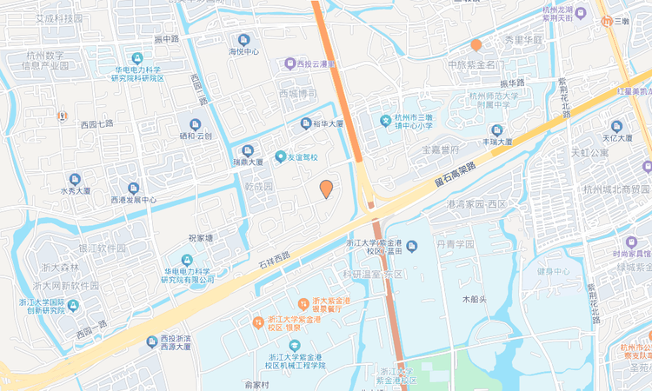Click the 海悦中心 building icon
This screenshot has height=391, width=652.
(x=243, y=39)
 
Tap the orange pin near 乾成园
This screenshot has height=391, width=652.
(x=326, y=189)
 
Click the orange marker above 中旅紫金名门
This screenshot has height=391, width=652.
(x=476, y=44)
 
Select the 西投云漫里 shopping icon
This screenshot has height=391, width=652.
(x=289, y=63)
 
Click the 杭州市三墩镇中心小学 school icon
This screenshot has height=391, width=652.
(x=385, y=120)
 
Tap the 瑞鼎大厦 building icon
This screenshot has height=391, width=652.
(x=249, y=149)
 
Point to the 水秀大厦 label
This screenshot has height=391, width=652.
(x=76, y=189)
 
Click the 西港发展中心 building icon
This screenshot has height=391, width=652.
(x=133, y=188)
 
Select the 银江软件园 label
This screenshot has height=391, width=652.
(x=102, y=249)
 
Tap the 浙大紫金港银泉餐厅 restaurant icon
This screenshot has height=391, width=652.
(x=303, y=303)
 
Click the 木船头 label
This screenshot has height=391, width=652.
(x=475, y=299)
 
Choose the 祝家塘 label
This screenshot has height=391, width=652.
(x=201, y=237)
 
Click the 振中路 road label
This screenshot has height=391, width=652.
(x=166, y=40)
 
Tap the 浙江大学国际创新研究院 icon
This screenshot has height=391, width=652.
(x=74, y=305)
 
